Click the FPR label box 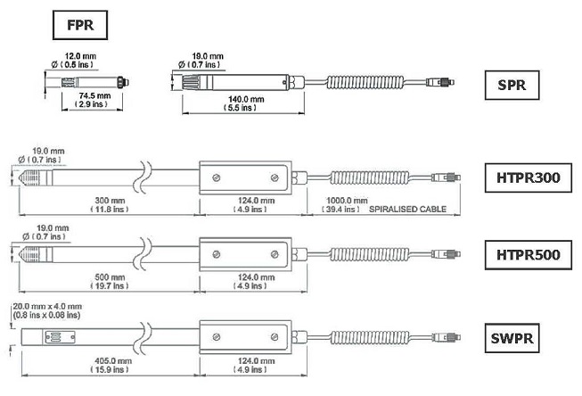pyautogui.click(x=81, y=25)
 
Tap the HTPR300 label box pyautogui.click(x=529, y=178)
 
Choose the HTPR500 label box pyautogui.click(x=529, y=255)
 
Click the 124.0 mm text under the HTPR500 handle pyautogui.click(x=243, y=277)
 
